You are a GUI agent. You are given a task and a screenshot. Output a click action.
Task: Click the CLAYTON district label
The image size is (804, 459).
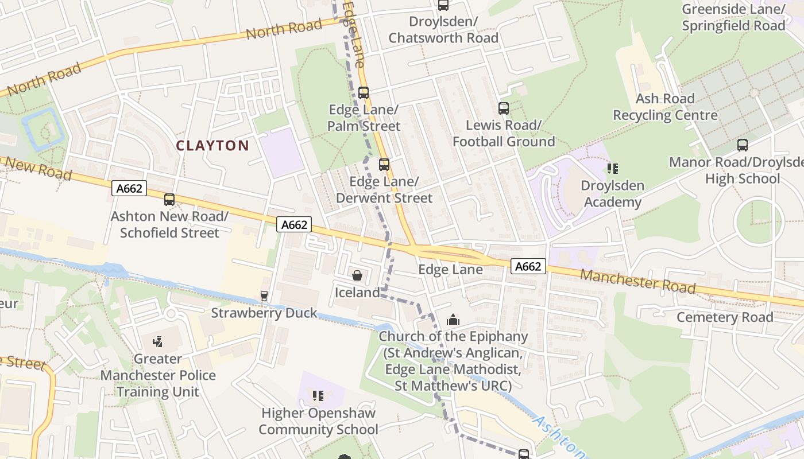tap(212, 146)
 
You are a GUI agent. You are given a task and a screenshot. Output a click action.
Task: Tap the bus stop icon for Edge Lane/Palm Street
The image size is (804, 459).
tap(364, 92)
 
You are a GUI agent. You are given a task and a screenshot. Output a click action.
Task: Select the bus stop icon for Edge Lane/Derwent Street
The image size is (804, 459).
tap(384, 165)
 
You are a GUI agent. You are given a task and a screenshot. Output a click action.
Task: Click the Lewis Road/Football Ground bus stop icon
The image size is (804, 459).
tap(504, 108)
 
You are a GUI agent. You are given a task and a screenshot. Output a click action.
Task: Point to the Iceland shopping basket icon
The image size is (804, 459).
tap(357, 276)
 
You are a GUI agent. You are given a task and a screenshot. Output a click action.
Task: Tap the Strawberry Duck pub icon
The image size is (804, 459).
tap(264, 296)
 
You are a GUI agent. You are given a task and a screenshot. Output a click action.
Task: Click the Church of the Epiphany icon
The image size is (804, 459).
tap(453, 320)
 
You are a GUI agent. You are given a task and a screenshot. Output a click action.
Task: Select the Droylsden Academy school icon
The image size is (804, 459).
tap(613, 169)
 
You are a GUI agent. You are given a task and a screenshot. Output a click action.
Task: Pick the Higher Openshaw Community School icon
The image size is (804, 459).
tap(318, 396)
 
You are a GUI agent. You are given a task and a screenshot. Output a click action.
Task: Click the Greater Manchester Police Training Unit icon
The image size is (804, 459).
tap(158, 342)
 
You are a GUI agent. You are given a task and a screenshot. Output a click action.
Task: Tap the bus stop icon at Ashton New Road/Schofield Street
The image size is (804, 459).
tap(169, 200)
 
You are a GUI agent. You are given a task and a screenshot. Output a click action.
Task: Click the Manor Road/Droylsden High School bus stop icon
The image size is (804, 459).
tap(743, 145)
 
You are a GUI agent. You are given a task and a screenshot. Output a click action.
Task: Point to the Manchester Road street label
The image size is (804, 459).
tap(637, 281)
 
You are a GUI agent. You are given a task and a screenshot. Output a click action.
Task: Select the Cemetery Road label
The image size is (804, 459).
tap(725, 317)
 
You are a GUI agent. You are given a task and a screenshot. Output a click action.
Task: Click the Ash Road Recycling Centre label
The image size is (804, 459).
tap(665, 107)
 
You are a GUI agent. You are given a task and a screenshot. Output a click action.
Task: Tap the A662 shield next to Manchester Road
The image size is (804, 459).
tap(528, 266)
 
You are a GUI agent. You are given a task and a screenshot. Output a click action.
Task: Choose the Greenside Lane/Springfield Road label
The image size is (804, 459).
tap(733, 17)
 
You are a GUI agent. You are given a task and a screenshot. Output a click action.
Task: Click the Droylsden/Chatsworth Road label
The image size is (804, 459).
tap(443, 30)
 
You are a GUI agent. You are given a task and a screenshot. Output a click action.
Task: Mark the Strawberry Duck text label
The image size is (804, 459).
tap(264, 313)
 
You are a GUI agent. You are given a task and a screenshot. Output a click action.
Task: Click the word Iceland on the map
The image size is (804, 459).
tap(357, 293)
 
